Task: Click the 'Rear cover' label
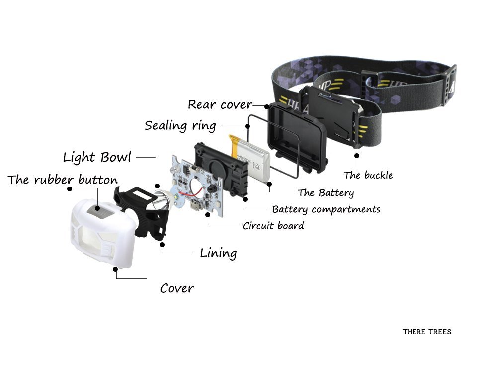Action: (x=220, y=104)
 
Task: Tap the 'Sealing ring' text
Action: (x=180, y=126)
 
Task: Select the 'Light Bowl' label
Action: (x=97, y=157)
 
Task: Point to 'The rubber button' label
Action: (x=63, y=180)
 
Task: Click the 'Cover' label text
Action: (x=177, y=288)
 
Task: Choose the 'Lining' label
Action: (x=218, y=253)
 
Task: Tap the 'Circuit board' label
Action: (x=273, y=226)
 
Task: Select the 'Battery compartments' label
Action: (x=326, y=209)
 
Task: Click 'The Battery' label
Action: (x=326, y=193)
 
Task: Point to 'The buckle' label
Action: (x=368, y=175)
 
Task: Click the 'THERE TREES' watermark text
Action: (x=427, y=332)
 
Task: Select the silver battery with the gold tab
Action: (x=250, y=158)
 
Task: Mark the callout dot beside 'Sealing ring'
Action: (x=248, y=126)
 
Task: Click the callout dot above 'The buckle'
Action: (x=357, y=156)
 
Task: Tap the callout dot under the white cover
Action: (x=115, y=269)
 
